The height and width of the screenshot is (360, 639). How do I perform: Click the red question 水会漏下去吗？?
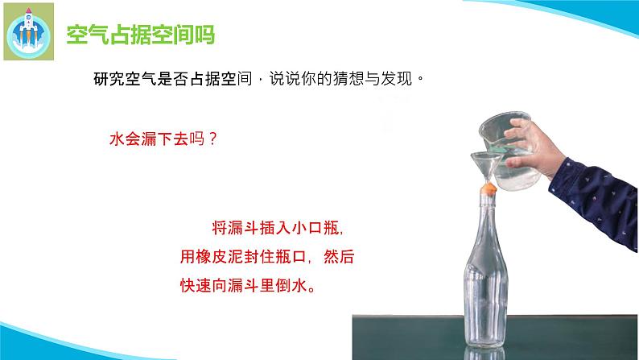[163, 138]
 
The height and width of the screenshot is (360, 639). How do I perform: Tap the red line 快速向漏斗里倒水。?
[246, 287]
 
